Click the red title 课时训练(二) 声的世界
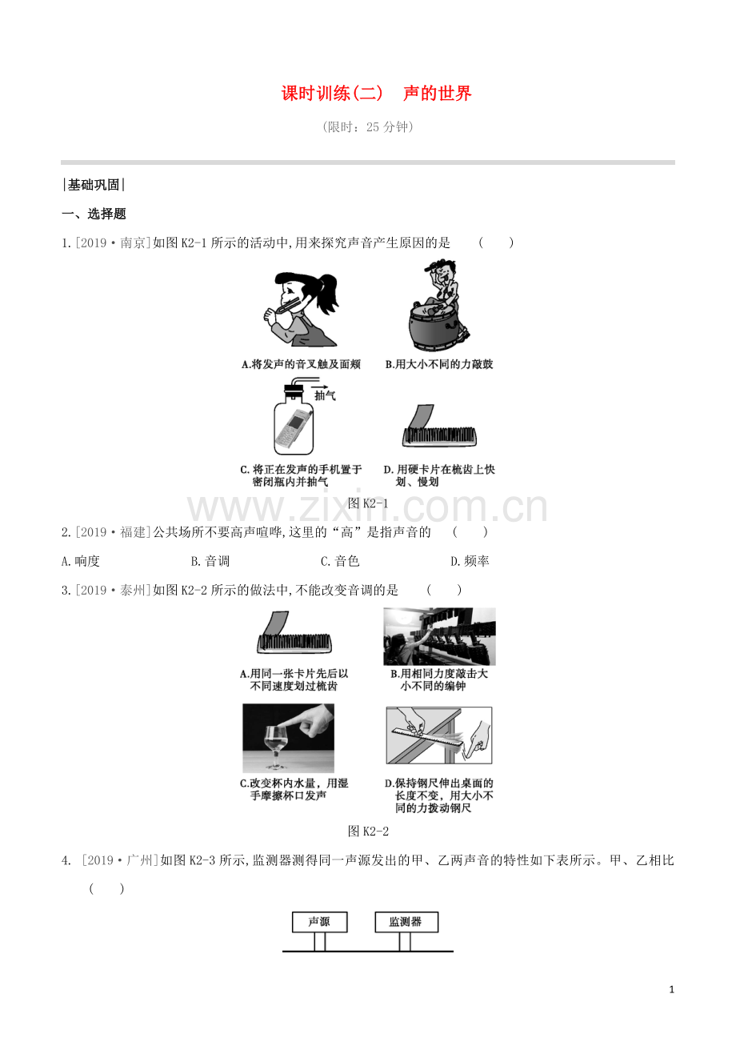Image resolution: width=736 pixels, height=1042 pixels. coord(376,94)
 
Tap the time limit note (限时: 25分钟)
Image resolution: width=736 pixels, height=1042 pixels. coord(368,127)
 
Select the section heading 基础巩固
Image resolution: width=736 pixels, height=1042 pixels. coord(94,185)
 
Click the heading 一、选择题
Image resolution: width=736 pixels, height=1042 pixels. coord(94,214)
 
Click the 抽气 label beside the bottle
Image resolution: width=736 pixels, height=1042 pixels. coord(325,395)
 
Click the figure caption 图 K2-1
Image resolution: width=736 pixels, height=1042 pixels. coord(368,503)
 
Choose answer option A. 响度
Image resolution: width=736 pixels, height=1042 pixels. coord(81,561)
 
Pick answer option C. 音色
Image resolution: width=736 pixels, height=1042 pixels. coord(340,561)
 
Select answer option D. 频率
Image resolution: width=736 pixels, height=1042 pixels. coord(470,561)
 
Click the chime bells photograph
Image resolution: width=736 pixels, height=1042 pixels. coord(439,636)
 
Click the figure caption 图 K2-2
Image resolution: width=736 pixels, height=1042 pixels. coord(368,832)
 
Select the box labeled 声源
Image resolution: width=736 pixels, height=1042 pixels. coord(320,922)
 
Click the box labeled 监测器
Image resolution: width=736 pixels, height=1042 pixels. coord(406,922)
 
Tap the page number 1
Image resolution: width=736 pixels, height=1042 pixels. coord(671,989)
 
